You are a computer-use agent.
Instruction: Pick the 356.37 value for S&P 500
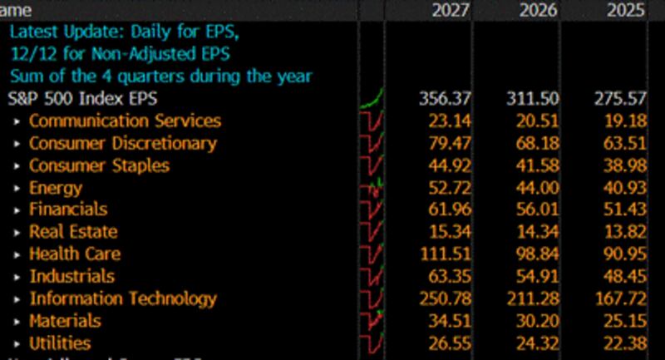click(446, 98)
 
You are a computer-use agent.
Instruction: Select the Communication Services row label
click(125, 121)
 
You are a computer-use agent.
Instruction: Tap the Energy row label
click(56, 188)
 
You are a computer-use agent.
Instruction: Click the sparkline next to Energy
click(372, 188)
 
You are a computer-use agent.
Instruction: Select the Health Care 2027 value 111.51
click(446, 254)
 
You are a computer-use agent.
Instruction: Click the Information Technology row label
click(123, 298)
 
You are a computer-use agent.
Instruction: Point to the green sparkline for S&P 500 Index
click(372, 99)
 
